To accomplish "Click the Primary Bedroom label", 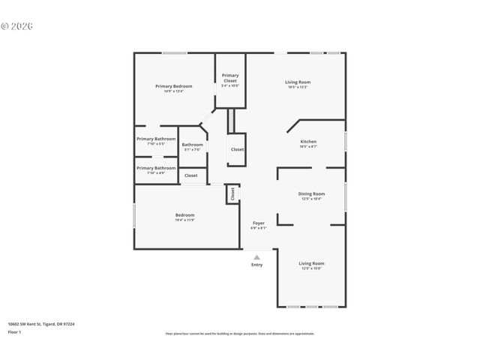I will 174,86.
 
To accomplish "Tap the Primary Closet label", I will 230,77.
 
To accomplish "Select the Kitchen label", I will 308,141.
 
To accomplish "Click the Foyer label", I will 258,223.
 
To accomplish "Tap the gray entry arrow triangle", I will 256,257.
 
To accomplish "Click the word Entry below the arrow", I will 257,265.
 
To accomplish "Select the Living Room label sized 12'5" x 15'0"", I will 311,263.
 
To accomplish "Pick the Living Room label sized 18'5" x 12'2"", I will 298,82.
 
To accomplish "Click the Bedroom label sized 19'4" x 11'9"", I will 185,215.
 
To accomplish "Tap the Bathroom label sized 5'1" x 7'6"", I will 192,145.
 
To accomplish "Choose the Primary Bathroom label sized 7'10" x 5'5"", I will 156,139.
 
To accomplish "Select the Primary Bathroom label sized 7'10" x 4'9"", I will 156,168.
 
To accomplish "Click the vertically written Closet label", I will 232,193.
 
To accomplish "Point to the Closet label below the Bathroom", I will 191,175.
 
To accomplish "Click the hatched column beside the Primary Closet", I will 232,119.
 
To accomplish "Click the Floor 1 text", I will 14,331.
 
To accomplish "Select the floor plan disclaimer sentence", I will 240,334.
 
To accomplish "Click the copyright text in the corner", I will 17,25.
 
